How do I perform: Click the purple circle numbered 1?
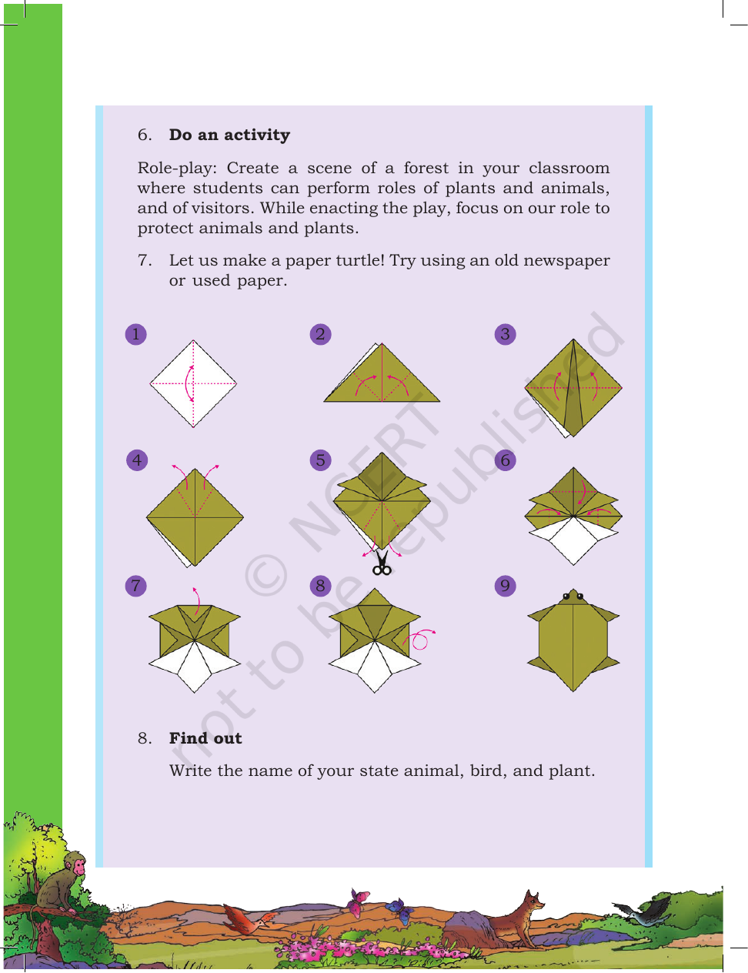point(135,335)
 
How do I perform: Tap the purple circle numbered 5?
point(320,460)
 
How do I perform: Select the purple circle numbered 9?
point(506,586)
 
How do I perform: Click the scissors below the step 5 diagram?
point(382,563)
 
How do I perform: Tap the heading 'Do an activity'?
point(229,135)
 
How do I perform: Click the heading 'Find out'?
point(205,738)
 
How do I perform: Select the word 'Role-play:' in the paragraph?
point(177,169)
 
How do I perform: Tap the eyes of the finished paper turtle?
point(573,596)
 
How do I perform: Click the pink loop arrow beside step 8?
point(421,639)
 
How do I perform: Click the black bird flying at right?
point(640,914)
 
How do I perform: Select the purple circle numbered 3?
point(506,335)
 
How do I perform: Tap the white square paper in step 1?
point(193,384)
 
